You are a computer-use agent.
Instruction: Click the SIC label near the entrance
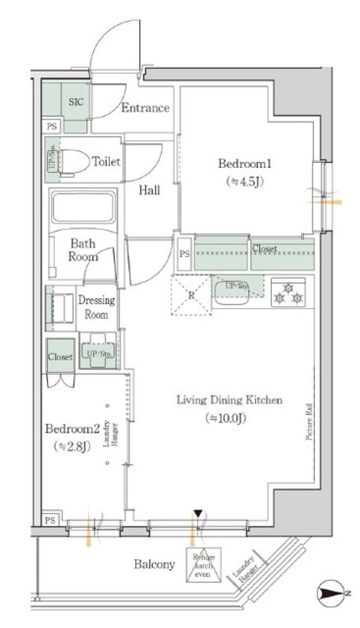coord(76,102)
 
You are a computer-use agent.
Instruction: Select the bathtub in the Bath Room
coord(82,207)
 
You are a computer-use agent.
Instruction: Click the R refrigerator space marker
coord(191,295)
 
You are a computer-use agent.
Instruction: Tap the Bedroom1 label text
coord(245,164)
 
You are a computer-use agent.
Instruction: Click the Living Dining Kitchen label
coord(229,400)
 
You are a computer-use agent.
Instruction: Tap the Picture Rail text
coord(309,421)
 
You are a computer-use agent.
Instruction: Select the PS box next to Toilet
coord(52,126)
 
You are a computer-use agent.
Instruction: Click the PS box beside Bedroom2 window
coord(50,520)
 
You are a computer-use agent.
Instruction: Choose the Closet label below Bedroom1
coord(264,248)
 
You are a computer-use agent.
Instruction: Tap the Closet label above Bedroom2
coord(60,357)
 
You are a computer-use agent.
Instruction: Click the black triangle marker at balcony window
coord(198,513)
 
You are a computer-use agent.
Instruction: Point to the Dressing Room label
coord(96,307)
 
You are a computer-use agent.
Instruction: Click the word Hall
coord(149,190)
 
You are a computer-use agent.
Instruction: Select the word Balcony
coord(154,564)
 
